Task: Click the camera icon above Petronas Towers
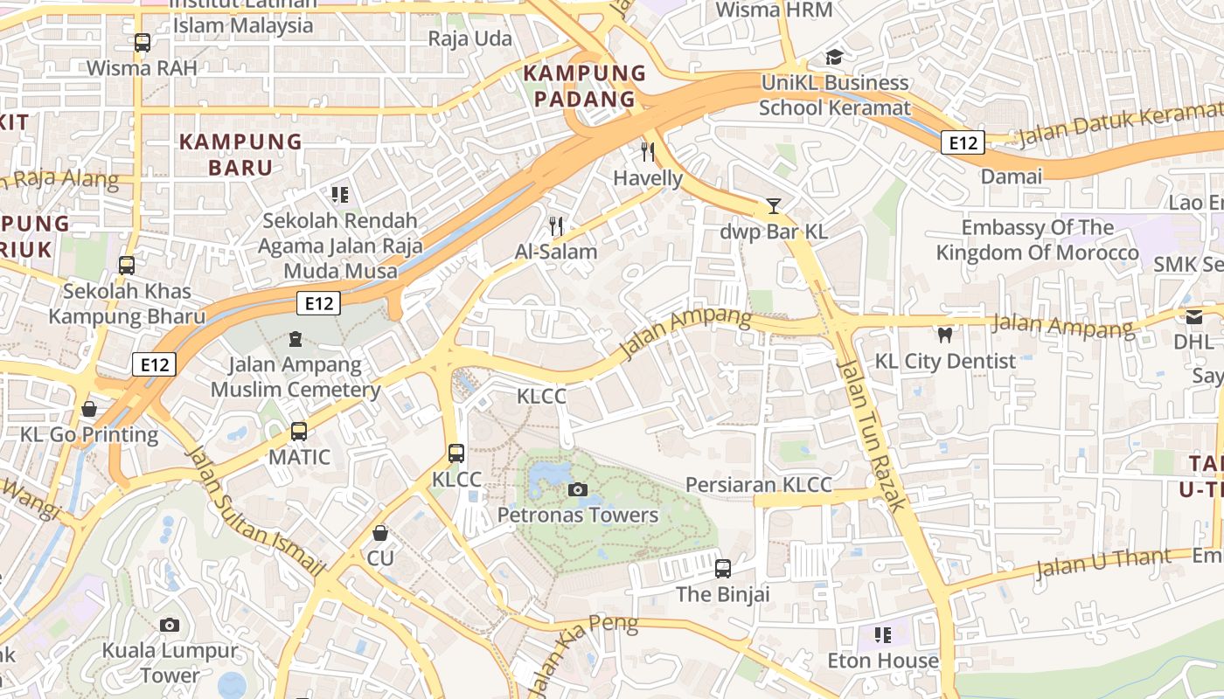[577, 489]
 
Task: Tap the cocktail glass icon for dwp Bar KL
[773, 206]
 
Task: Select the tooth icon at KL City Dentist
[944, 335]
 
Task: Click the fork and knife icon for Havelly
[648, 152]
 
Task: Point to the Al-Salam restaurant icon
[556, 225]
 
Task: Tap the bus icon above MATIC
[299, 431]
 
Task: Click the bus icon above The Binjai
[722, 569]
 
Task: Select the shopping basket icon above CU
[380, 532]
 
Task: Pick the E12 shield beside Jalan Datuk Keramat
[963, 142]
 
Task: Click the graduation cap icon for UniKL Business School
[834, 57]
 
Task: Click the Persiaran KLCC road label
[758, 485]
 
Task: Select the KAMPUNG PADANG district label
[584, 86]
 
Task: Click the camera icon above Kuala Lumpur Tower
[170, 625]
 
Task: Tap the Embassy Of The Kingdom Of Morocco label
[1037, 240]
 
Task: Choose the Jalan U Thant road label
[1103, 564]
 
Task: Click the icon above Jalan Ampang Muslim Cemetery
[296, 338]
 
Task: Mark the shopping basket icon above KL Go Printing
[89, 408]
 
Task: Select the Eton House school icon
[883, 634]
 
